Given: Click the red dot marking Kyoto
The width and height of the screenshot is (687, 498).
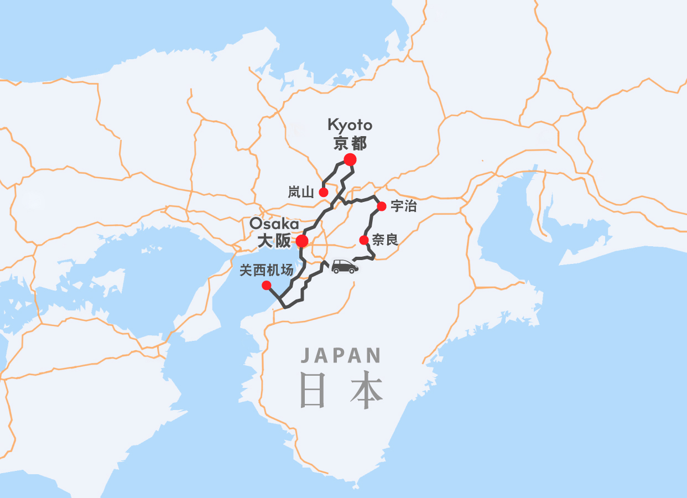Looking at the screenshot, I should point(350,160).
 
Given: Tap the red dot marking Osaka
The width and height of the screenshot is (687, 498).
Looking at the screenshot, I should point(302,241).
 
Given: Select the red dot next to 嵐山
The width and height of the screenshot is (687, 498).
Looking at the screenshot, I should point(324,193).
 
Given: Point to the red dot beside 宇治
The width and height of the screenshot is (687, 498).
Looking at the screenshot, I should point(381,206).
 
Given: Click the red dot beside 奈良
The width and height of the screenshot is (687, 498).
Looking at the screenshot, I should point(364,240).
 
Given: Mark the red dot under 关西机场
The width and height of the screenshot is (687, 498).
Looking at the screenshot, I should point(266,286).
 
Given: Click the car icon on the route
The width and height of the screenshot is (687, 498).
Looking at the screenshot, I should point(345,267).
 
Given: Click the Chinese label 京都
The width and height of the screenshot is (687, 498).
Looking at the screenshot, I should point(350,144).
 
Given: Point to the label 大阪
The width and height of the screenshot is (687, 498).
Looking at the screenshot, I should point(274,242).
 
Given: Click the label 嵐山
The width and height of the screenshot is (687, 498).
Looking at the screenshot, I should point(301,193).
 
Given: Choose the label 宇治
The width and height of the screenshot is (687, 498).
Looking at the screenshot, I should point(403,206).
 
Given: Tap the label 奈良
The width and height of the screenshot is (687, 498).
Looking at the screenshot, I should point(385,240).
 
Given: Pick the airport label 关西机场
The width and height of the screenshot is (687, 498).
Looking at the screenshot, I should point(266,271).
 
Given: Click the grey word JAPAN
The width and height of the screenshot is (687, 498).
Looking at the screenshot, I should point(341,355).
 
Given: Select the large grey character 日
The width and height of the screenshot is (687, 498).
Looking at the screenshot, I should point(313,391).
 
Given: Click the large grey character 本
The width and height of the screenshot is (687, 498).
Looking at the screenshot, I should point(366,391).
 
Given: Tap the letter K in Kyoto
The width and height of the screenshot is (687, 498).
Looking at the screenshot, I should point(332,125).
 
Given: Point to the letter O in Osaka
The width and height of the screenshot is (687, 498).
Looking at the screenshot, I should point(256,224).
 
